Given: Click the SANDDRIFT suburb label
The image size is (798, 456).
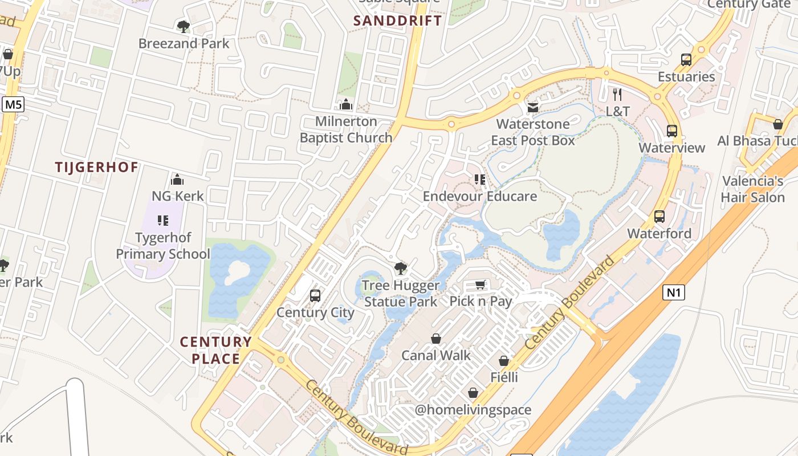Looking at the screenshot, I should click(397, 21).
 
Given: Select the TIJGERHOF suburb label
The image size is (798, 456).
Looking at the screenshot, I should click(97, 167).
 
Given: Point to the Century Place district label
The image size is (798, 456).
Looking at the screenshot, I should click(215, 350).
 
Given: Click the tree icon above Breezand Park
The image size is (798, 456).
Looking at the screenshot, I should click(183, 26).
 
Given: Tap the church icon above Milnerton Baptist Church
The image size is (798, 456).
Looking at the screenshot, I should click(345, 104).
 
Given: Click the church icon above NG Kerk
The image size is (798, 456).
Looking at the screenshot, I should click(177, 180).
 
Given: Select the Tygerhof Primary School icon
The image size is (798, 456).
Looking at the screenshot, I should click(163, 221).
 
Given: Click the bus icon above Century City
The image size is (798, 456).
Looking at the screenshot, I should click(315, 296).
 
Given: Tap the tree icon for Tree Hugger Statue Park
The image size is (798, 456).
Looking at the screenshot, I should click(401, 268).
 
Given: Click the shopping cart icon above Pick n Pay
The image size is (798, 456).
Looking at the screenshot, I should click(481, 284).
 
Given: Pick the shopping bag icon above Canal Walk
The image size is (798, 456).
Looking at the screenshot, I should click(436, 339).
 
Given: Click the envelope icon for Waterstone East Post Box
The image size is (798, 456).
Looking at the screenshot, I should click(532, 107).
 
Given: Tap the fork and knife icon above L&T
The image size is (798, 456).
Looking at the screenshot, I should click(617, 94).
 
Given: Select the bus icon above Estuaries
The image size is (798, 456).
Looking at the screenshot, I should click(686, 60).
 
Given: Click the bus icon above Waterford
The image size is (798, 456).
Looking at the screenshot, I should click(659, 217).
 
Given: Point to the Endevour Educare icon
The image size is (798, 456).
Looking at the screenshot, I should click(480, 180).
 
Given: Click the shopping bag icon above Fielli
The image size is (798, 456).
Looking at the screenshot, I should click(504, 361).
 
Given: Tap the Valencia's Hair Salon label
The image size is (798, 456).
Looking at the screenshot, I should click(752, 189).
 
